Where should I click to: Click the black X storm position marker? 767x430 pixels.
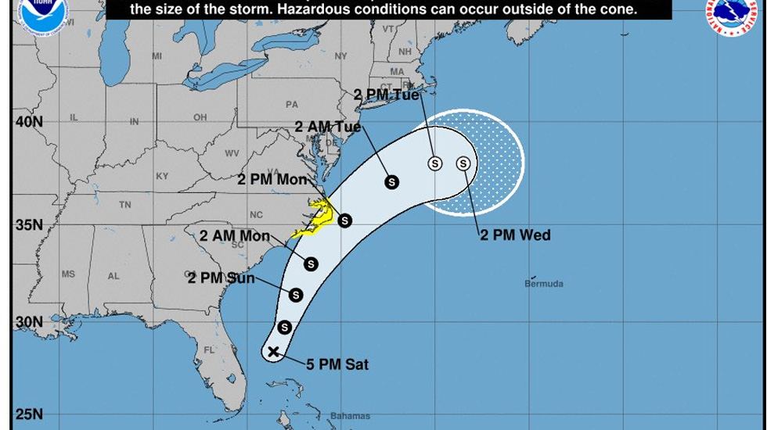coord(273,352)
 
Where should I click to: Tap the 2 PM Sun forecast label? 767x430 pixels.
coord(221,278)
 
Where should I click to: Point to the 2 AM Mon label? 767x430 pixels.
coord(235,236)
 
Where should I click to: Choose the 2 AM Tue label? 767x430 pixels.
coord(328,127)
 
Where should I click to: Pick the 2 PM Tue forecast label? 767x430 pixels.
coord(387,95)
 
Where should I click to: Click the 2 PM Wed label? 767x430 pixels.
coord(515,235)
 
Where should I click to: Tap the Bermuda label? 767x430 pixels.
coord(544,284)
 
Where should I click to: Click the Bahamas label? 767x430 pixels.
coord(350,416)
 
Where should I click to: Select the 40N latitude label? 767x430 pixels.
coord(28,122)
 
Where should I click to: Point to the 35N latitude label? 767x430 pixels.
coord(28,225)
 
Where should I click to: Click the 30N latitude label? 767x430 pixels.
coord(28,322)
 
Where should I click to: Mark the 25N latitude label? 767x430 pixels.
coord(28,414)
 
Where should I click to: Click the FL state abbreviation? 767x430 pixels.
coord(209,350)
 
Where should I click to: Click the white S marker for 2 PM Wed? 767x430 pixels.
coord(463,163)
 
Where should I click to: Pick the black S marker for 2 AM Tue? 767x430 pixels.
coord(391,182)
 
